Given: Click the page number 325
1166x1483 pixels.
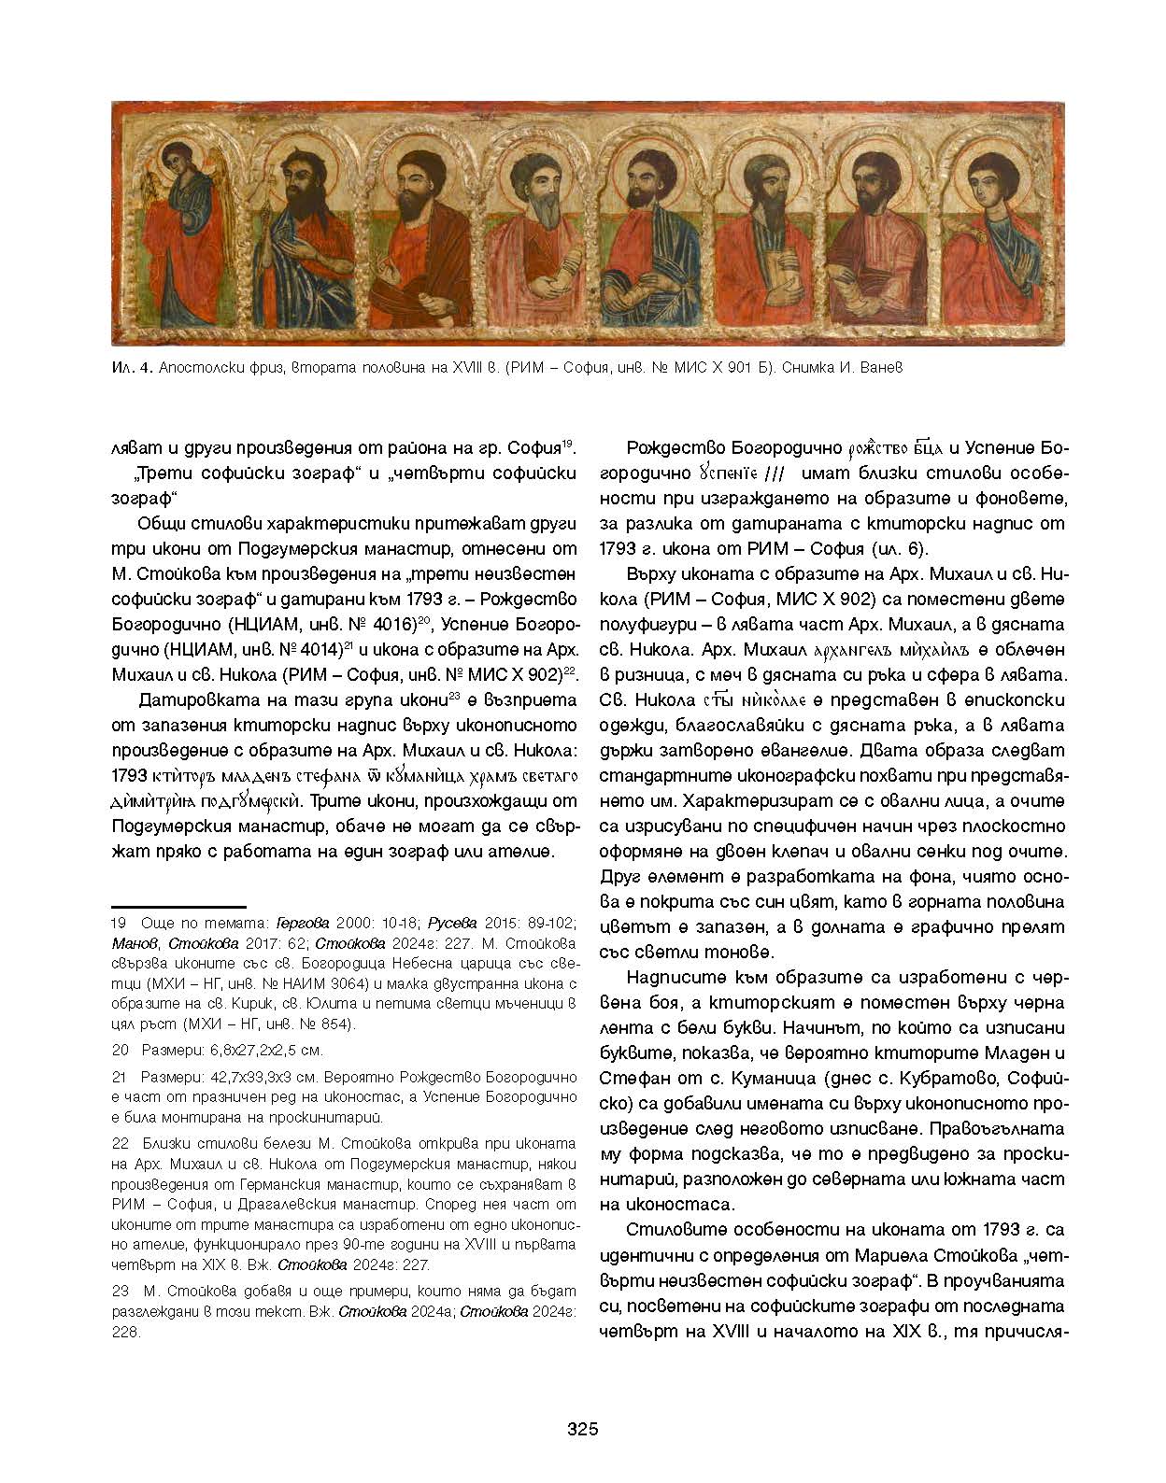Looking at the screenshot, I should coord(582,1430).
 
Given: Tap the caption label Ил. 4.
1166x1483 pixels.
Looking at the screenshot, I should coord(126,369).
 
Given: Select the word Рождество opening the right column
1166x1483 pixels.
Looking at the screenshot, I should coord(669,448).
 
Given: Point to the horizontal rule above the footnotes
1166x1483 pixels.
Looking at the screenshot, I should coord(178,906).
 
